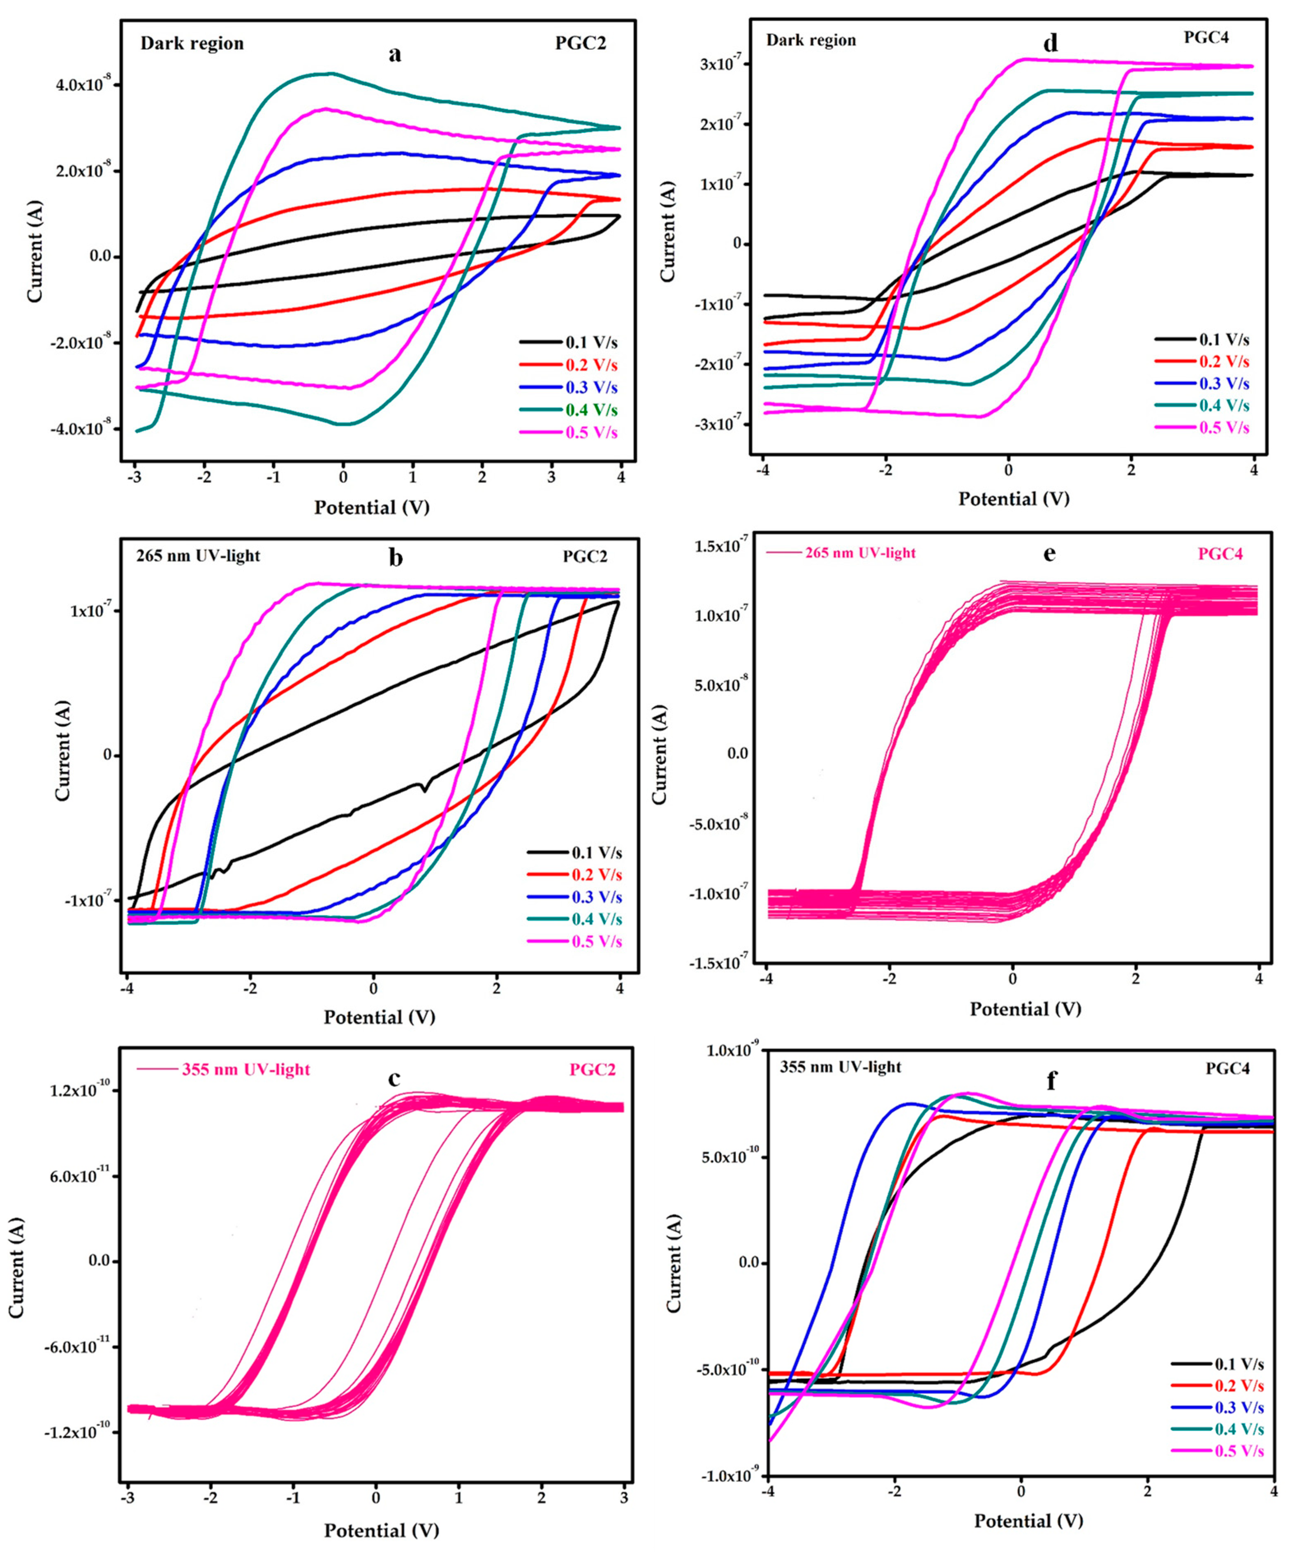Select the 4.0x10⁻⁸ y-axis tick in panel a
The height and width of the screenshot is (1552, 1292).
coord(86,85)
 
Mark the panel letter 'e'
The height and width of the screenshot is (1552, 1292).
coord(1049,554)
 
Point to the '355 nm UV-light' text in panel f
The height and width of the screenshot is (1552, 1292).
coord(840,1067)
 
